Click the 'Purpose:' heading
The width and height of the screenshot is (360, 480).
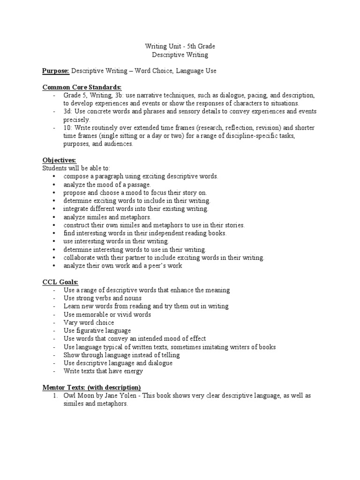click(56, 71)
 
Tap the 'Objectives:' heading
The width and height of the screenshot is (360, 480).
click(56, 160)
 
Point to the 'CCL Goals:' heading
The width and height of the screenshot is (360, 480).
click(60, 282)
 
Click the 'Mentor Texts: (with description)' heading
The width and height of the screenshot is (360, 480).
click(91, 388)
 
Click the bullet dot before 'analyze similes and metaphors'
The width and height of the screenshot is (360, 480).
click(54, 217)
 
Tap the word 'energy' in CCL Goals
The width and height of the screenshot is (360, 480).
click(133, 371)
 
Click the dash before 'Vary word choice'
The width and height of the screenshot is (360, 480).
click(55, 322)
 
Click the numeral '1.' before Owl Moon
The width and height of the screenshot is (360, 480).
click(55, 396)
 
